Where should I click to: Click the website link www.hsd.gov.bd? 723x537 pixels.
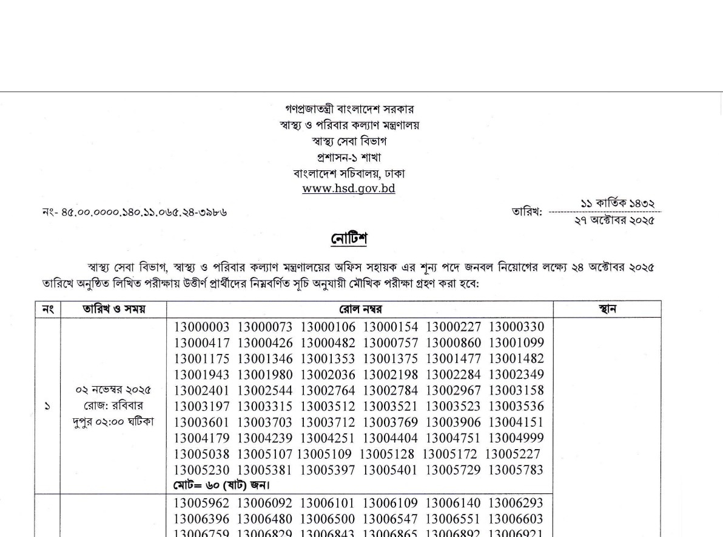pyautogui.click(x=349, y=188)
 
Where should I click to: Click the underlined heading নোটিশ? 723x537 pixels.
pyautogui.click(x=349, y=238)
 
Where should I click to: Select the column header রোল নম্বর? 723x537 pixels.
pyautogui.click(x=360, y=309)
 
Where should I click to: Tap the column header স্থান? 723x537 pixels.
pyautogui.click(x=607, y=309)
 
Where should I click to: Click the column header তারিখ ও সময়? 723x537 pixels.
pyautogui.click(x=113, y=309)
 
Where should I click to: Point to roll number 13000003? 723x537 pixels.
pyautogui.click(x=203, y=327)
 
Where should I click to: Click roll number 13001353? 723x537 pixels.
pyautogui.click(x=329, y=359)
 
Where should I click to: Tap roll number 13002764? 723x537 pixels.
pyautogui.click(x=329, y=390)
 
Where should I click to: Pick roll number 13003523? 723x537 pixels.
pyautogui.click(x=454, y=406)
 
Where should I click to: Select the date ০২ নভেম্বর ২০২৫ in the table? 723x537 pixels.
pyautogui.click(x=113, y=389)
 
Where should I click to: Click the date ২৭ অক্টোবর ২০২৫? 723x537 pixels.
pyautogui.click(x=614, y=220)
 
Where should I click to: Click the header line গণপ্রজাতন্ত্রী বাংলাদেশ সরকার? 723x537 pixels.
pyautogui.click(x=349, y=110)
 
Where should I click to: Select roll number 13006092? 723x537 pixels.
pyautogui.click(x=266, y=503)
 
